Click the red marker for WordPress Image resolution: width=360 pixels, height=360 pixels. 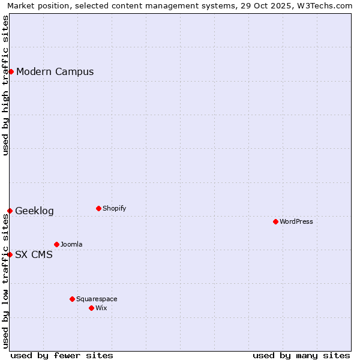(275, 221)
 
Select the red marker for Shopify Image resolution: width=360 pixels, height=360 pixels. (98, 208)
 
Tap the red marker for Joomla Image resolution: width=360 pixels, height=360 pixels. (56, 244)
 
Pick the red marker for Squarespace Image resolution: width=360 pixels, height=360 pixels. (72, 299)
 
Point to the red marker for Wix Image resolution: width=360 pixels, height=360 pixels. (91, 308)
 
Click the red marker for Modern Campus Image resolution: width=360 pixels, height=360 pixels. (11, 71)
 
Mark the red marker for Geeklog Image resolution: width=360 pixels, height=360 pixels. (10, 211)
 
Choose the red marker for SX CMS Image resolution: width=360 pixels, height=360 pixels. (10, 254)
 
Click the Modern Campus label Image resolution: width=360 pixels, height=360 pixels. (55, 72)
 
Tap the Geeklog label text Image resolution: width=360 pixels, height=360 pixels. (35, 211)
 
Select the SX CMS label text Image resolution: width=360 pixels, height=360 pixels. (34, 255)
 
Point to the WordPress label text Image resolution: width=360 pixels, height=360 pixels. (296, 222)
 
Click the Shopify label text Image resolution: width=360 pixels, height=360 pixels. (115, 209)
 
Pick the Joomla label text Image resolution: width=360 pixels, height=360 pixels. (71, 245)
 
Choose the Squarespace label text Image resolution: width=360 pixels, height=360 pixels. (97, 299)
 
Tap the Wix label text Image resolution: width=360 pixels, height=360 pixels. (101, 308)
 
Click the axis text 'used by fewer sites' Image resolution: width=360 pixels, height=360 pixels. (62, 356)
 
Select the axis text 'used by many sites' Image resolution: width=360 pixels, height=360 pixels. (301, 356)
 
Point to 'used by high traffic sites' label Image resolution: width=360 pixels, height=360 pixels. (6, 85)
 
